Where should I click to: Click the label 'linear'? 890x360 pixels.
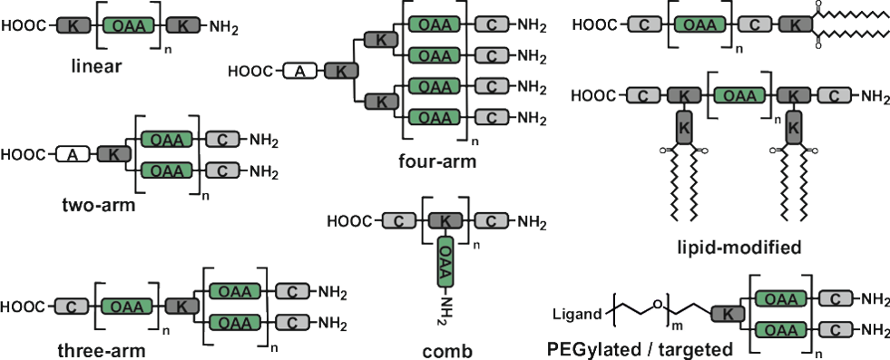pos(96,66)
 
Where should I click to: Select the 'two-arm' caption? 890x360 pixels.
pos(99,204)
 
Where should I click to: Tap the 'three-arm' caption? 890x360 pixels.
pos(102,350)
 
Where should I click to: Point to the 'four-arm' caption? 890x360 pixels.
pos(437,161)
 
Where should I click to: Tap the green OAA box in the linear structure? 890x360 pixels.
pos(128,26)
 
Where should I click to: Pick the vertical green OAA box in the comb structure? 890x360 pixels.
pos(446,262)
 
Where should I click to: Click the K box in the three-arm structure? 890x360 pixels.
pos(181,306)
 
